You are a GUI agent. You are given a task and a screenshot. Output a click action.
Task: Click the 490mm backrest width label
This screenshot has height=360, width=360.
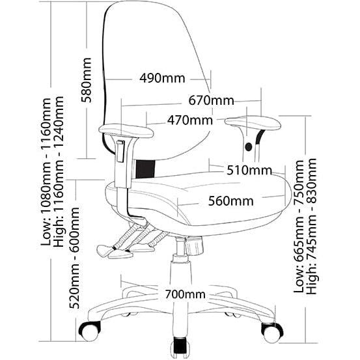click(x=162, y=78)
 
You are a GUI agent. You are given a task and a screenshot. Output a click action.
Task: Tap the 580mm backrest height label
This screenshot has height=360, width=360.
click(x=87, y=80)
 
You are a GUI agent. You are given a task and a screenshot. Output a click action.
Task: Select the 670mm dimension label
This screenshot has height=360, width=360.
click(x=211, y=100)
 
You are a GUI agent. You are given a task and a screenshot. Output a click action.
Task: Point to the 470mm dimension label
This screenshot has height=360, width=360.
click(x=190, y=120)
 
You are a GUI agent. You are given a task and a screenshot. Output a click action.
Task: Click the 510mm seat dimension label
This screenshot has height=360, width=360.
click(x=249, y=170)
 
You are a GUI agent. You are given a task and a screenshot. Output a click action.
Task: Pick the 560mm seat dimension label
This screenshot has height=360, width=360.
click(x=230, y=201)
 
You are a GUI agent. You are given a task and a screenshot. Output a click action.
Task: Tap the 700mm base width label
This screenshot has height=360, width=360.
click(x=185, y=294)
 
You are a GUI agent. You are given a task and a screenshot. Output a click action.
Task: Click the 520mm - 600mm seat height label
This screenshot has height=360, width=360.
click(x=74, y=258)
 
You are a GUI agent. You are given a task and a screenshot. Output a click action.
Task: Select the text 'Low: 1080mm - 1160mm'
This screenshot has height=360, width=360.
click(x=46, y=172)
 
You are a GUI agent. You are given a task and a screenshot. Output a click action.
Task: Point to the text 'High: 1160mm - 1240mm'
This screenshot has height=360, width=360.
click(x=58, y=171)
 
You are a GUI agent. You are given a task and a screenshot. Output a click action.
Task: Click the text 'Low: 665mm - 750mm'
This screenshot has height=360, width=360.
click(x=298, y=227)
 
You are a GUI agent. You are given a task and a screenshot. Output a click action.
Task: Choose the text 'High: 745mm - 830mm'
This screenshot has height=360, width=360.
click(x=311, y=226)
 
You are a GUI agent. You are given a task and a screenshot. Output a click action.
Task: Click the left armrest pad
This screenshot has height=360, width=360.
click(x=126, y=131)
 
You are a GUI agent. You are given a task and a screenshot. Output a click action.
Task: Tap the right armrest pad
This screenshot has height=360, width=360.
click(x=253, y=123)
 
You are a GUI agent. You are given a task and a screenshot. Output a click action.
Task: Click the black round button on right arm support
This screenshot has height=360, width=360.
click(x=249, y=146)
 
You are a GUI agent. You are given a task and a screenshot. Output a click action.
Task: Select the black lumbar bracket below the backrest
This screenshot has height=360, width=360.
click(x=145, y=169)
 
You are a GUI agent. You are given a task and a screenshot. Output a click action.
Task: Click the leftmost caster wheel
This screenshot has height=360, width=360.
click(x=90, y=331)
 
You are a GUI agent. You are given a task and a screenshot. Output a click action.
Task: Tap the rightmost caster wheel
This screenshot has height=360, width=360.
click(x=272, y=333)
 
